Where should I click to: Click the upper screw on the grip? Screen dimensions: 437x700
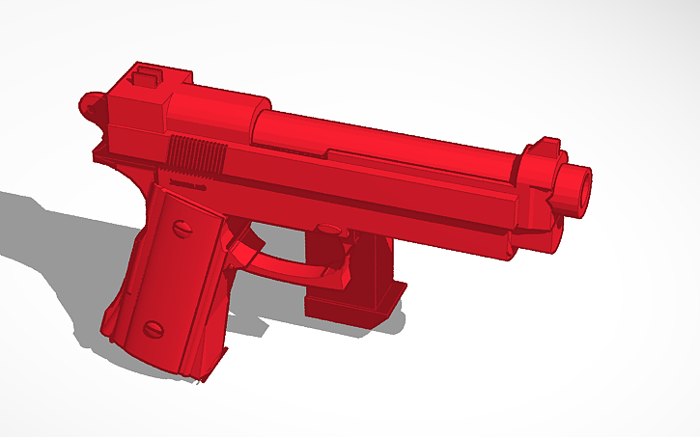pos(180,229)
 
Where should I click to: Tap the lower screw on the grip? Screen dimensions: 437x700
pos(154,329)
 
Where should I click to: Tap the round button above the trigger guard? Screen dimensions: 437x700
pos(327,231)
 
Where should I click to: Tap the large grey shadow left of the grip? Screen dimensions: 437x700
pos(58,241)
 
